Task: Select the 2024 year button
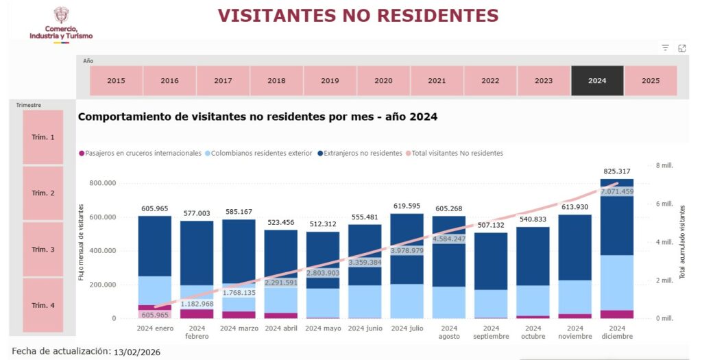click(597, 81)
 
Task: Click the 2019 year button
click(330, 81)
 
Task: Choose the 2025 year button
click(651, 81)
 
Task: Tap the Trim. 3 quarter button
click(43, 250)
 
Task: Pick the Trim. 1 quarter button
click(43, 137)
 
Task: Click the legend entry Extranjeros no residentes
click(362, 153)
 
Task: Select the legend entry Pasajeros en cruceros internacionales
click(141, 153)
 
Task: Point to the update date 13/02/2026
click(137, 352)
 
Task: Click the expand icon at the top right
click(682, 48)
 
